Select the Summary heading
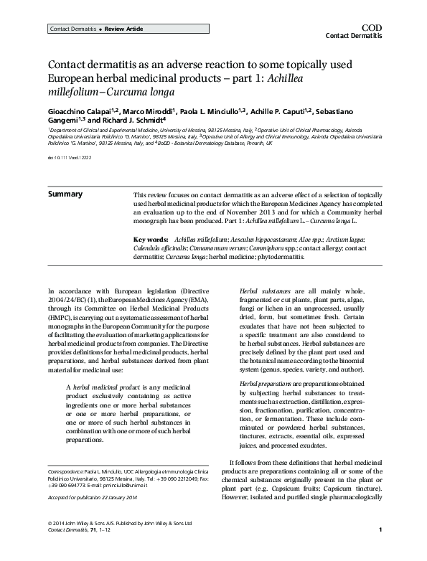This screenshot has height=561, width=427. [x=65, y=194]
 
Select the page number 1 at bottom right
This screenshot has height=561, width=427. [x=378, y=550]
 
